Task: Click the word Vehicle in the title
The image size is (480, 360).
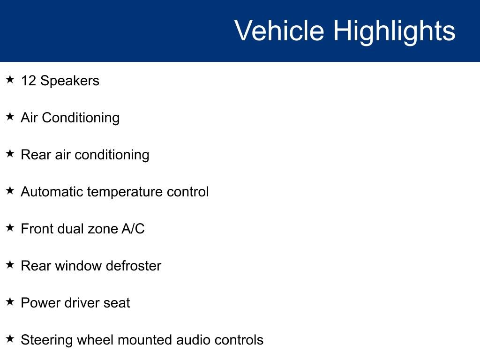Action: [x=279, y=31]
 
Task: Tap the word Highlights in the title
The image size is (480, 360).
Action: [x=394, y=31]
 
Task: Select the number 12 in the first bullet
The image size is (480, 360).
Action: [x=28, y=81]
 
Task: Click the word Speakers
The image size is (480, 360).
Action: [x=70, y=81]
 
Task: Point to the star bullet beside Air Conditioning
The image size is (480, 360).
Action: [x=10, y=117]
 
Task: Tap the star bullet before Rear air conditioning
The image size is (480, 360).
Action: [x=10, y=154]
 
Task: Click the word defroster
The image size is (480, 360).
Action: [x=134, y=266]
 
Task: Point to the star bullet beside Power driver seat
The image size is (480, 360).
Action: [x=10, y=302]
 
